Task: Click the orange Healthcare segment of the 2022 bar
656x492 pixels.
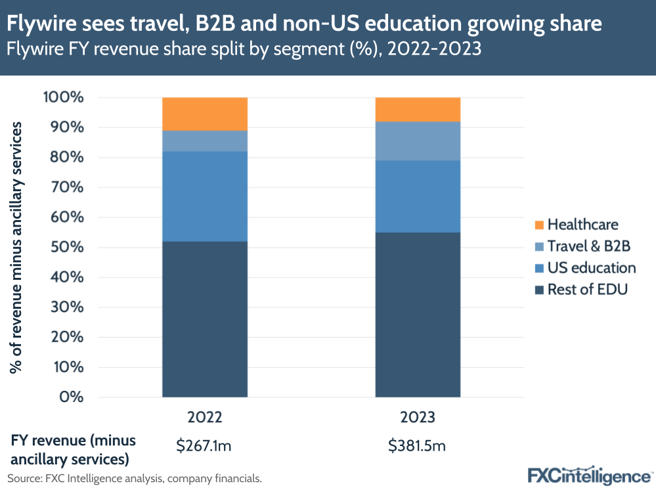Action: pos(205,114)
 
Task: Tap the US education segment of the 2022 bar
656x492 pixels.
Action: pos(205,196)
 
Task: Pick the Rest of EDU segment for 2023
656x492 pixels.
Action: pos(418,315)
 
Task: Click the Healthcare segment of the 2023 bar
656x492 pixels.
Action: pos(418,109)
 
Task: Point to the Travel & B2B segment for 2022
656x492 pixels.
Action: pos(205,141)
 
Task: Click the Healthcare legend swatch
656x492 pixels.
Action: pos(538,225)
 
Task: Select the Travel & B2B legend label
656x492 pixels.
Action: pos(588,246)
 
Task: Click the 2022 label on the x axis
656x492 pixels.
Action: pos(205,418)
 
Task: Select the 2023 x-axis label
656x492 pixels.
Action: pos(418,418)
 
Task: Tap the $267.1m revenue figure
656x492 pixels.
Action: pos(204,447)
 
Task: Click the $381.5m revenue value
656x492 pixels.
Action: pos(418,447)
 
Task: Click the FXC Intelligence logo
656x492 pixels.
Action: pos(588,475)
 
